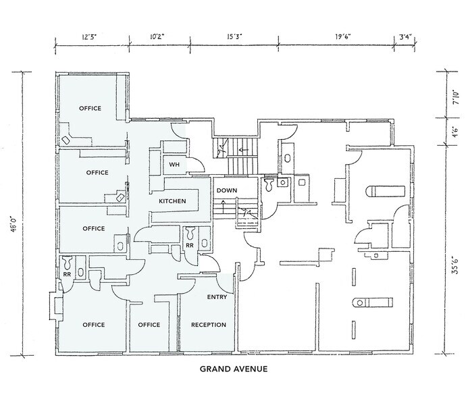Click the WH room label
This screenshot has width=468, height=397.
pyautogui.click(x=174, y=164)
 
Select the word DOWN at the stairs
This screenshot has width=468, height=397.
pyautogui.click(x=227, y=190)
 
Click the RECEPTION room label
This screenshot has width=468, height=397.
pyautogui.click(x=208, y=325)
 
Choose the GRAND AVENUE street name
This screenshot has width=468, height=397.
pyautogui.click(x=234, y=369)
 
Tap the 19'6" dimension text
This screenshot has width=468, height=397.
pyautogui.click(x=342, y=34)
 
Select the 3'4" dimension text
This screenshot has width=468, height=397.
pyautogui.click(x=409, y=34)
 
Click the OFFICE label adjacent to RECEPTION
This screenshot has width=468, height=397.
pyautogui.click(x=149, y=325)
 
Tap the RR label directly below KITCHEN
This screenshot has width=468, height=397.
pyautogui.click(x=190, y=246)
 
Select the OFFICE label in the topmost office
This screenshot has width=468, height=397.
pyautogui.click(x=90, y=108)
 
